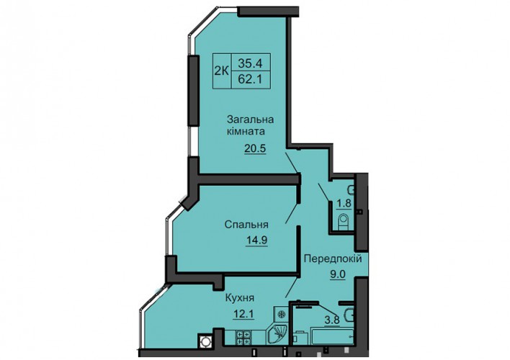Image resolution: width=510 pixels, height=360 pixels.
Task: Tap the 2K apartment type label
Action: (221, 71)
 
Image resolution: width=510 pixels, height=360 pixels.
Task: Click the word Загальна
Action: (250, 120)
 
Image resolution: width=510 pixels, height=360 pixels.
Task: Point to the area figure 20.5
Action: (255, 148)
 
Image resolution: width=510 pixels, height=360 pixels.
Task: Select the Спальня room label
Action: (246, 225)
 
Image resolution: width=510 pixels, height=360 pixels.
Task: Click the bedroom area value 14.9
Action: (256, 240)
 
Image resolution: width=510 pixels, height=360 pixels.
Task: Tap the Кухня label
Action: (240, 298)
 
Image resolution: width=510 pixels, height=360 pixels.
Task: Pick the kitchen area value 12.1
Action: (243, 314)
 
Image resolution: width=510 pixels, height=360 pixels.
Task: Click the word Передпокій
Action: (333, 259)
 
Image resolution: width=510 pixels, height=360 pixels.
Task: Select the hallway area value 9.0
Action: (338, 274)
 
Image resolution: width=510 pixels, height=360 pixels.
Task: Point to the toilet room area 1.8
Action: (344, 204)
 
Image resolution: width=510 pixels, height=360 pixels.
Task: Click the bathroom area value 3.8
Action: (332, 320)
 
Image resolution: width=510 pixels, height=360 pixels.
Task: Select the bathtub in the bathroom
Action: (332, 336)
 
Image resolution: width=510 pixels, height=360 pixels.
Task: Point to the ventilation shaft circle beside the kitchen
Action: (205, 342)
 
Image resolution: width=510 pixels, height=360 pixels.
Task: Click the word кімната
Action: (246, 132)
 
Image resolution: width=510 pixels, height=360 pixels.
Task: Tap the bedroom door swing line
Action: (292, 213)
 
